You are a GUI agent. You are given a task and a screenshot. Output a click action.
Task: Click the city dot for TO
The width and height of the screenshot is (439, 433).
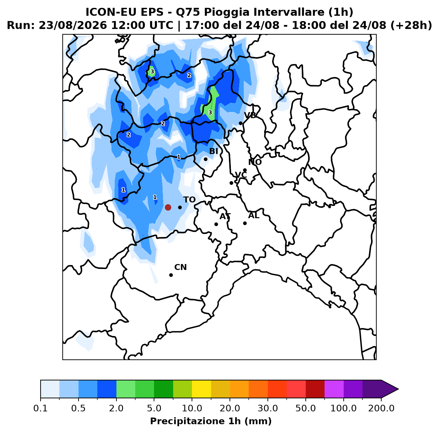click(180, 207)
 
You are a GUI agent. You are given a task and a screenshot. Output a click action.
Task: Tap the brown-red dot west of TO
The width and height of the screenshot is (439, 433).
click(168, 207)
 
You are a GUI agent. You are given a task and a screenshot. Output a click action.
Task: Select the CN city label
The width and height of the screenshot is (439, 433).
click(180, 267)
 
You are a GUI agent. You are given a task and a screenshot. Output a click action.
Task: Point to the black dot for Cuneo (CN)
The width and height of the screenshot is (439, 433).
click(171, 275)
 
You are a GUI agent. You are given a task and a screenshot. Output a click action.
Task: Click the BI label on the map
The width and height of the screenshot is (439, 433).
click(214, 151)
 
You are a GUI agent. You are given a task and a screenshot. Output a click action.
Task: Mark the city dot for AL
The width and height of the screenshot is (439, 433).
click(245, 223)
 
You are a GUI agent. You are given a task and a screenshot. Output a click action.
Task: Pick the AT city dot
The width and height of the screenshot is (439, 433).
click(216, 224)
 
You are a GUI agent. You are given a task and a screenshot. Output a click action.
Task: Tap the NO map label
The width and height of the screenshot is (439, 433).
click(255, 162)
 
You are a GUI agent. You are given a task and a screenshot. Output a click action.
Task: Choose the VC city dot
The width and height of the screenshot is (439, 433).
click(231, 183)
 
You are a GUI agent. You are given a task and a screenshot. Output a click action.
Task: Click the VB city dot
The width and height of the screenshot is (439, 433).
click(240, 123)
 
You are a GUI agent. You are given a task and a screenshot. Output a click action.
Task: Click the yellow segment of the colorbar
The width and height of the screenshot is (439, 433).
click(202, 389)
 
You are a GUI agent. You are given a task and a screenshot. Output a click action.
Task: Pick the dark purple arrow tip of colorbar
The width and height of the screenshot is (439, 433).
click(398, 389)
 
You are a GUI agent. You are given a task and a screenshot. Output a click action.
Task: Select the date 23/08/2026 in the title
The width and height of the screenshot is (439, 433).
click(73, 25)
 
